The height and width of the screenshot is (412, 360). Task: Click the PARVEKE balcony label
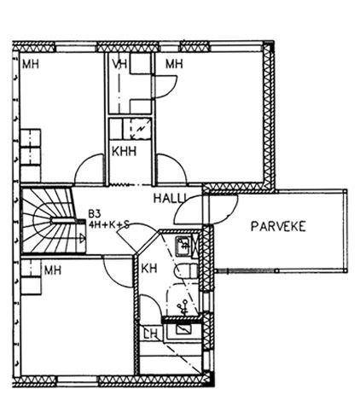tap(278, 226)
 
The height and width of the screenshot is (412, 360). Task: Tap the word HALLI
tap(170, 198)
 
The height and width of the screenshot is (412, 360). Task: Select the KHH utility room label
tap(124, 151)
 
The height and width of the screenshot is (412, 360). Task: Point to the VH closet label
tap(119, 64)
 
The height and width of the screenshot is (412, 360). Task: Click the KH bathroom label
tap(149, 268)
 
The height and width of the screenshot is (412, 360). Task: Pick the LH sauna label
tap(150, 334)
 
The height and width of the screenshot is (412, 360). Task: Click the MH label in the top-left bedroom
tap(31, 64)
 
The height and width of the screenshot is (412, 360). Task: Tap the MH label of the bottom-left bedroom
tap(53, 270)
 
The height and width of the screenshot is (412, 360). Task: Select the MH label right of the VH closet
tap(174, 64)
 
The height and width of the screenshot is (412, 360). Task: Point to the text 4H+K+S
tap(109, 224)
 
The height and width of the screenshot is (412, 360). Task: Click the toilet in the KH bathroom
tap(186, 270)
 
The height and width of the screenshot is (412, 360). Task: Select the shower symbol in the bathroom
tap(183, 307)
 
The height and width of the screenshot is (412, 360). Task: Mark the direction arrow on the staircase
tap(82, 238)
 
